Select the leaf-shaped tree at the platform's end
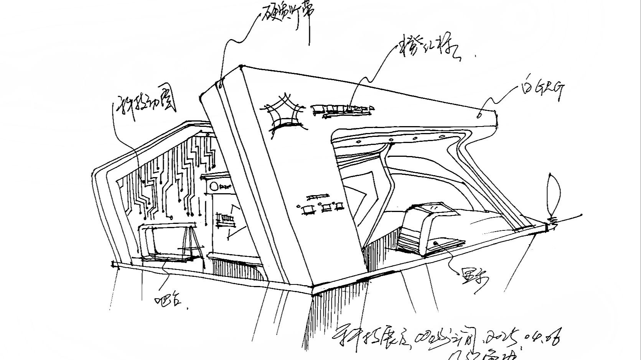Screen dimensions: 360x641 (x=554, y=196)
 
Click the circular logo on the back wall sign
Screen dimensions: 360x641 (x=214, y=187)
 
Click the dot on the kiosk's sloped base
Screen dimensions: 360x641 (x=435, y=243)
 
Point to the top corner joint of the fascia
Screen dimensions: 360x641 (x=241, y=67)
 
